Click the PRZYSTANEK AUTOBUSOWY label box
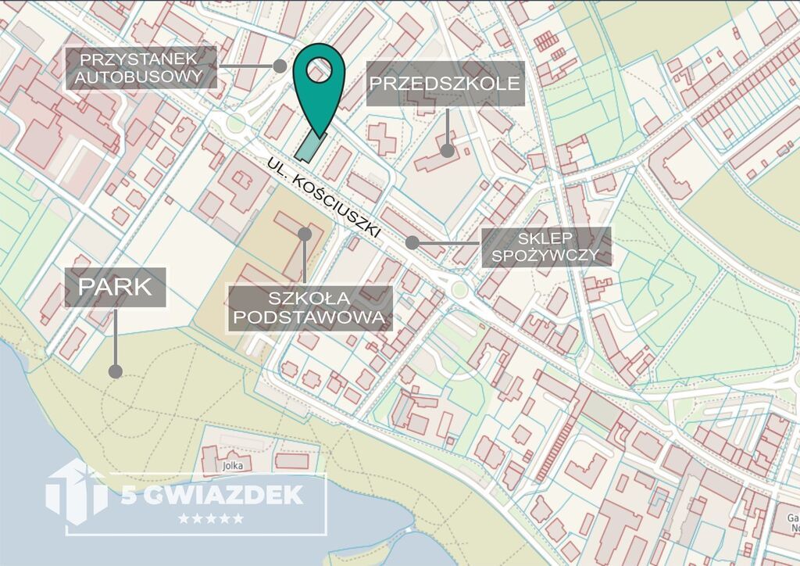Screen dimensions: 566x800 coord(141,68)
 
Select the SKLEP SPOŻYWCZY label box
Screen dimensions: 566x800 coord(545,246)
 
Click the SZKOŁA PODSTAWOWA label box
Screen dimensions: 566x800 coord(309,308)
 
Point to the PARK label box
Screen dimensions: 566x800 coord(115,286)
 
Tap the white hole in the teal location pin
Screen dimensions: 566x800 coord(319,71)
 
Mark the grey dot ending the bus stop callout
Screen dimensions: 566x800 coord(280,66)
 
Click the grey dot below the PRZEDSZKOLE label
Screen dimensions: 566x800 coord(447,150)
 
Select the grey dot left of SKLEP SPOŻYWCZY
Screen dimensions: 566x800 coord(412,243)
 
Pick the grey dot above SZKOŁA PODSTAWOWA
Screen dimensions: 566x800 coord(305,234)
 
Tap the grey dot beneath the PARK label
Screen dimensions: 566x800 coord(116,371)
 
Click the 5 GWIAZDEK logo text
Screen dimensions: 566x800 coord(212,495)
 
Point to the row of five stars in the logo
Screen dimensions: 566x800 coord(211,518)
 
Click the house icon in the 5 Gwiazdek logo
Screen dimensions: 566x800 coord(77,489)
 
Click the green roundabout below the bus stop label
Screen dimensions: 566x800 coord(235,124)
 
